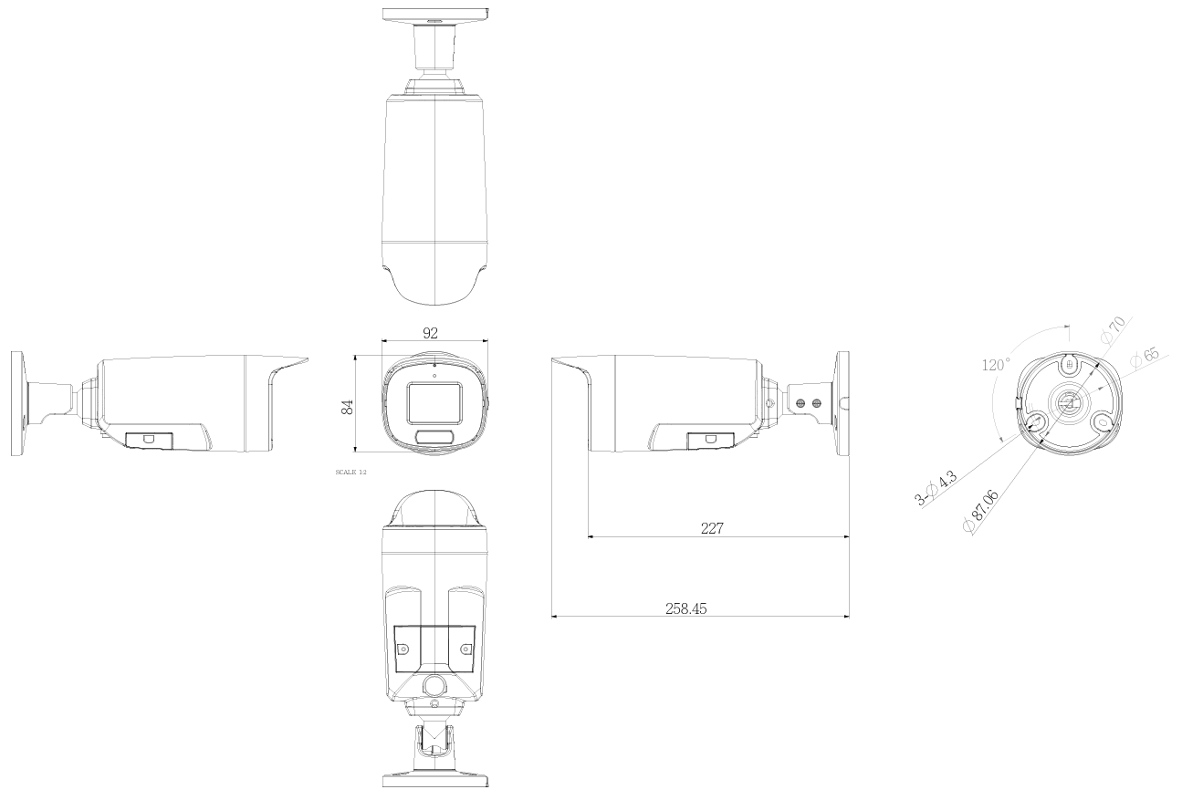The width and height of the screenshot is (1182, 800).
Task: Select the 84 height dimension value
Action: click(347, 406)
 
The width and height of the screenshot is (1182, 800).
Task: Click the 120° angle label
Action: click(996, 365)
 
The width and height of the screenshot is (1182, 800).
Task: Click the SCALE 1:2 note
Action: click(351, 472)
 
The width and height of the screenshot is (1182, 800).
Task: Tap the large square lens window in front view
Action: click(434, 401)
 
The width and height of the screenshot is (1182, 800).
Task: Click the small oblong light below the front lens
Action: click(434, 438)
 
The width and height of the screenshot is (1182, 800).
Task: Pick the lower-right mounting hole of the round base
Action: click(1103, 423)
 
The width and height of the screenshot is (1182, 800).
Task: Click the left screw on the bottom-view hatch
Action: click(403, 649)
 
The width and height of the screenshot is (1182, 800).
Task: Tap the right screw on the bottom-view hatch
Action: click(466, 649)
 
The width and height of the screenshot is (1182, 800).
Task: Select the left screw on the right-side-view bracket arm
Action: click(801, 402)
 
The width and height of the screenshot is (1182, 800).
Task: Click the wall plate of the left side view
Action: click(17, 403)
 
